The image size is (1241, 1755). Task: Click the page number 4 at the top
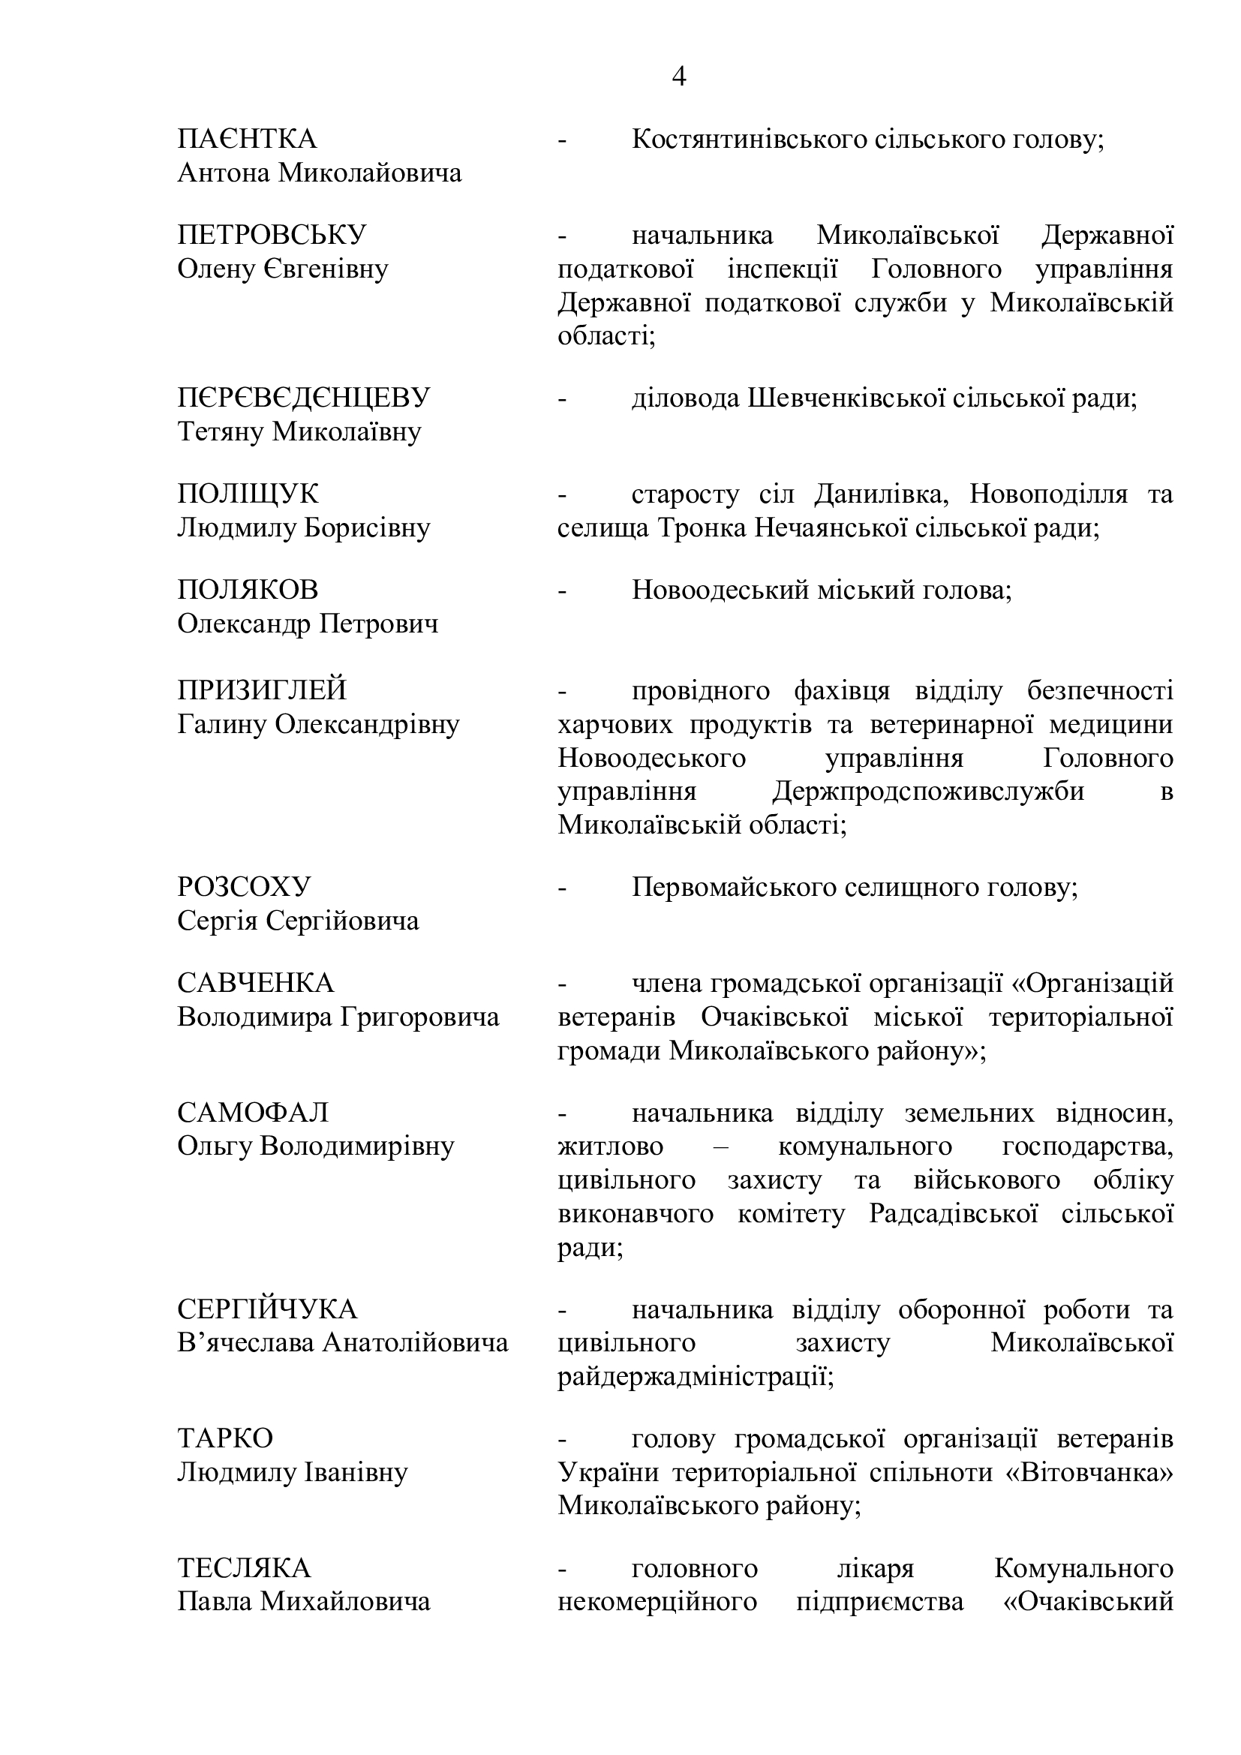click(678, 77)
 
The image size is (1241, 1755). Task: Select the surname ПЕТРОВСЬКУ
click(272, 236)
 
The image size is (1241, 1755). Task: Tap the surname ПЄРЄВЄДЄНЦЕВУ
click(303, 398)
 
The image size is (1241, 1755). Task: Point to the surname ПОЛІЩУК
click(248, 494)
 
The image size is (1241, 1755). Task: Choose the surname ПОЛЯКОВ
click(248, 590)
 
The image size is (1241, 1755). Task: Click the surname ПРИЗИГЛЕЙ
click(261, 690)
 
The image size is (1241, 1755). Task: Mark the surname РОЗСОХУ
click(244, 887)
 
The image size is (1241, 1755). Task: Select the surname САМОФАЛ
click(253, 1112)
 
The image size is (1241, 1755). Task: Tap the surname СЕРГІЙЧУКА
click(266, 1309)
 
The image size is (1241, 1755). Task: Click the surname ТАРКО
click(224, 1438)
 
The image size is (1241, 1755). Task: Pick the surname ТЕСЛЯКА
click(244, 1568)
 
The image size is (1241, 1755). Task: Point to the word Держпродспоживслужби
click(927, 791)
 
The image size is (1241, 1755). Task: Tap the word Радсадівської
click(954, 1214)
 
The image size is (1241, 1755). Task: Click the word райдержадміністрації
click(695, 1377)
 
